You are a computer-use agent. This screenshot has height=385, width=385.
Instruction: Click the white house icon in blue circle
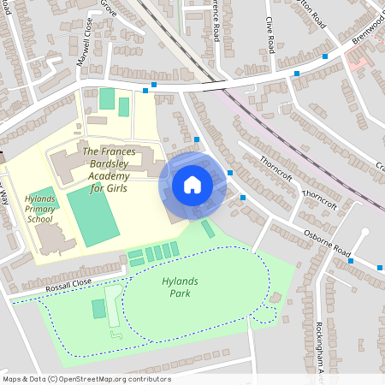pos(192,185)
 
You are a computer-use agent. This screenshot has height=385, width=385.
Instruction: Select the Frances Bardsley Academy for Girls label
pos(108,169)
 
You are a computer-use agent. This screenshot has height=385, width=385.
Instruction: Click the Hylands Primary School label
pos(40,208)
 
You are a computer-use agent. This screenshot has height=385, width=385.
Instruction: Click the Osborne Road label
pos(330,245)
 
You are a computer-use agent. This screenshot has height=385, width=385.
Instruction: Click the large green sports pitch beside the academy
pos(92,215)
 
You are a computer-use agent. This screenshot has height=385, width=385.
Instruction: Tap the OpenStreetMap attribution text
pos(86,379)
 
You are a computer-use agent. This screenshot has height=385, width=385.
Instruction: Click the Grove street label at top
pos(109,7)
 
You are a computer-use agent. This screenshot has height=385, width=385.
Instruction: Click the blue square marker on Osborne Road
pos(350,260)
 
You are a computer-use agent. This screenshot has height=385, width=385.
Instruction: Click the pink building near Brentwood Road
pos(358,61)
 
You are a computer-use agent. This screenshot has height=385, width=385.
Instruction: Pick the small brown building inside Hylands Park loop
pos(275,297)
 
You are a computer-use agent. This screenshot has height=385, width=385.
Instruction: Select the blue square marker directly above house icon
pos(197,139)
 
